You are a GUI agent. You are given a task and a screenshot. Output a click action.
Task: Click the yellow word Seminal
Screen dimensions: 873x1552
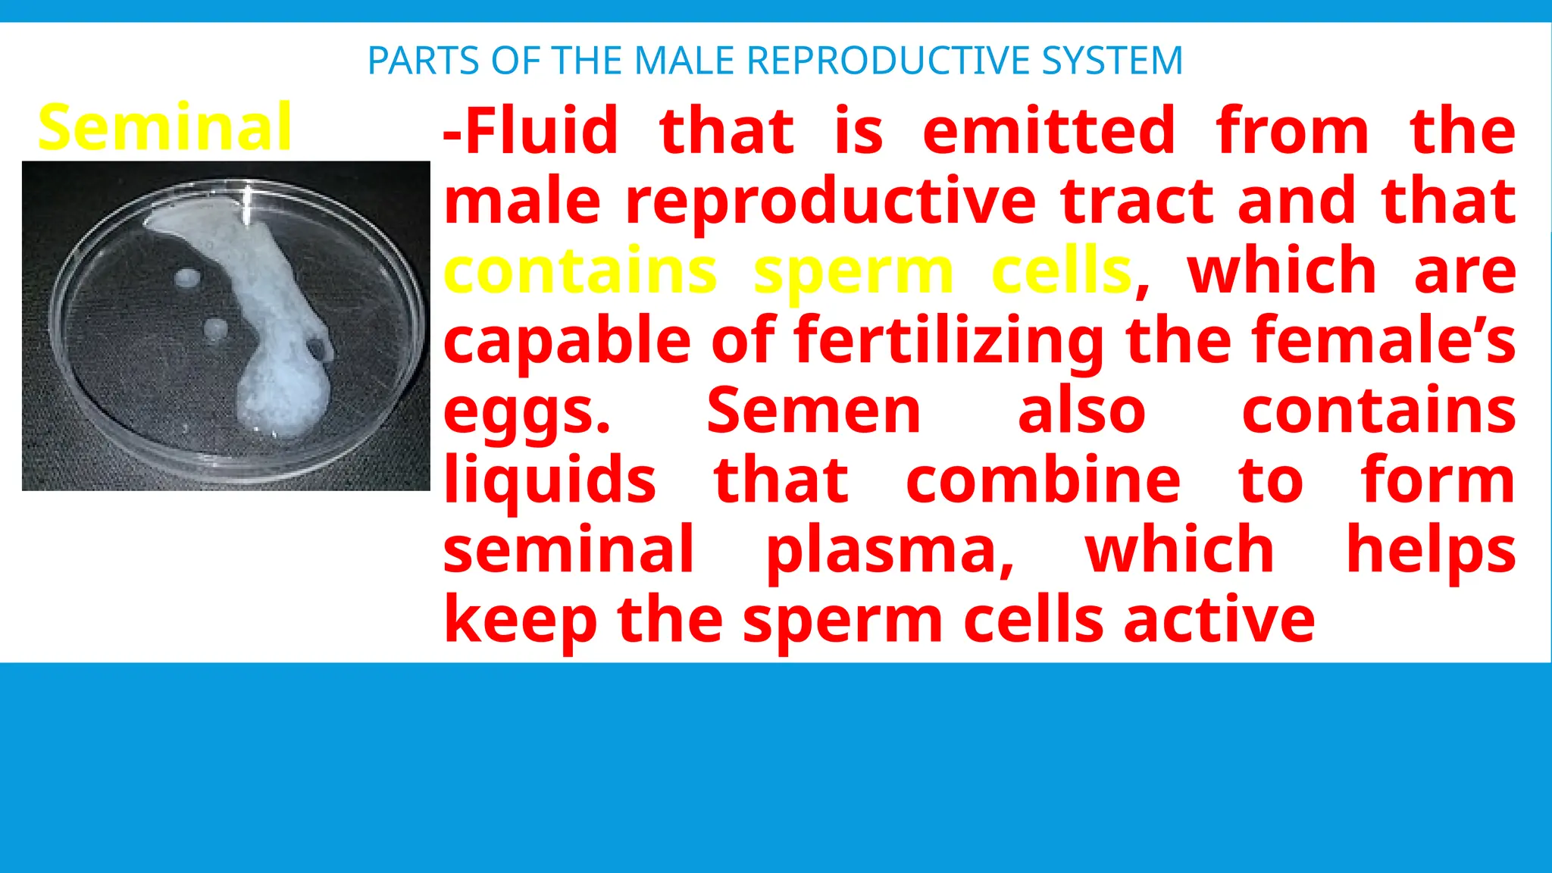click(164, 127)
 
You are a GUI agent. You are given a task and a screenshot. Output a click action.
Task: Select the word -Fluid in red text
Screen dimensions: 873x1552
click(530, 131)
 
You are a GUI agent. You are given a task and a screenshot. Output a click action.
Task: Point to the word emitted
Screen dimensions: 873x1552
click(1049, 131)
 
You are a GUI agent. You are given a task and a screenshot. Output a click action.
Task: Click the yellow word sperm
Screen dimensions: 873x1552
click(853, 271)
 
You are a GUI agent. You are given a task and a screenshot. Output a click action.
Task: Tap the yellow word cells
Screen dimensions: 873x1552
click(1062, 271)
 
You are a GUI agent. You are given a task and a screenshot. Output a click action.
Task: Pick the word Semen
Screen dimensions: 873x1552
click(814, 411)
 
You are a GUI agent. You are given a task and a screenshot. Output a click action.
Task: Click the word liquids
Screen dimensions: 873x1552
click(549, 480)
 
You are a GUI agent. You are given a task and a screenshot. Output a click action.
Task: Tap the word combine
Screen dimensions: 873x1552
click(1043, 480)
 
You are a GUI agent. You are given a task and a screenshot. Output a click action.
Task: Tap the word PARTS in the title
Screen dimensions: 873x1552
click(423, 61)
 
